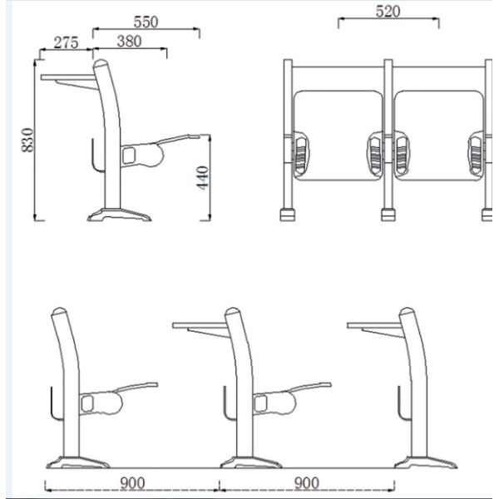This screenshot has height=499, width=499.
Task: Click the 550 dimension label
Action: click(x=146, y=22)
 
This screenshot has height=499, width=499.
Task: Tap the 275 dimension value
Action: click(x=66, y=42)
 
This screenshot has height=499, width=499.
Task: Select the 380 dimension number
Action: click(x=129, y=42)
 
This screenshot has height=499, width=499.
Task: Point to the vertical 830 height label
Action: click(x=27, y=140)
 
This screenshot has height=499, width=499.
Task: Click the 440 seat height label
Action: click(x=202, y=178)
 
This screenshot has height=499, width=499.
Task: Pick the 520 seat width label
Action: click(x=388, y=12)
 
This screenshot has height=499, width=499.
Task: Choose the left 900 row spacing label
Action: click(x=132, y=483)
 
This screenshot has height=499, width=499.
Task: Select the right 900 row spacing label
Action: click(x=307, y=483)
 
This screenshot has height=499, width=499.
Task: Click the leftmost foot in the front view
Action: click(x=288, y=215)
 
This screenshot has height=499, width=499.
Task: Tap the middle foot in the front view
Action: click(x=388, y=215)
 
